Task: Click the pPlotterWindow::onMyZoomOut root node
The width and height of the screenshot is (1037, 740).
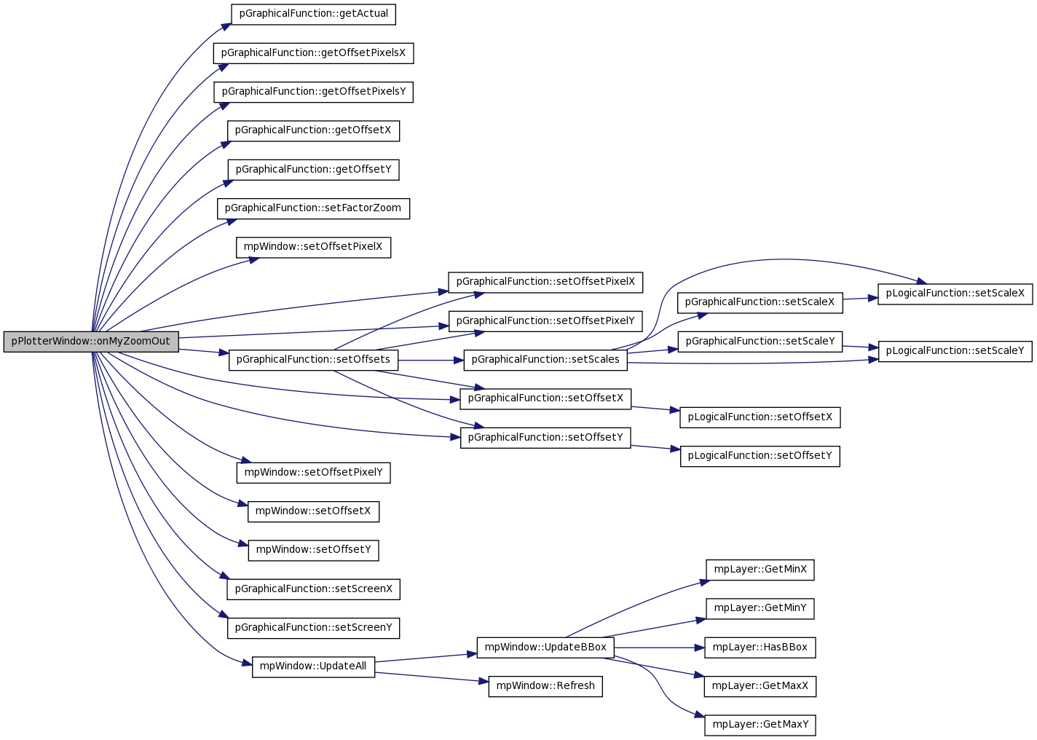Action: [91, 342]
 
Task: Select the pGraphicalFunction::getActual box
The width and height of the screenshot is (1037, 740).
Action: [313, 15]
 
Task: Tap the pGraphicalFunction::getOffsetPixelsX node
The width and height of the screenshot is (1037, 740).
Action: [313, 53]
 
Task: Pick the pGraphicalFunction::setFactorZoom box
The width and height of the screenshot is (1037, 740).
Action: [313, 209]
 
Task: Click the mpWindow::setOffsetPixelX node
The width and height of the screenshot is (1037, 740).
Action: [313, 248]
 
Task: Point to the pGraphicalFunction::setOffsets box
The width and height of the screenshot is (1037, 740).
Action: [313, 361]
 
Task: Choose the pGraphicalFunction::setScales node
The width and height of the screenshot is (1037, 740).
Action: [545, 361]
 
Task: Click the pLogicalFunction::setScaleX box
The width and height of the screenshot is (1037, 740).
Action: [955, 294]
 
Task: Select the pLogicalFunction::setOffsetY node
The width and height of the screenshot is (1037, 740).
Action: [760, 457]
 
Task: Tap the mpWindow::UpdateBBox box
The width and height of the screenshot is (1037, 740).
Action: [545, 647]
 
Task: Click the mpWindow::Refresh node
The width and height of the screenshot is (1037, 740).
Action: [545, 686]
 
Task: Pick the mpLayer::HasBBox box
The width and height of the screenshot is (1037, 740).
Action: [760, 647]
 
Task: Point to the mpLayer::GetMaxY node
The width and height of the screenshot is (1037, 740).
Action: [760, 725]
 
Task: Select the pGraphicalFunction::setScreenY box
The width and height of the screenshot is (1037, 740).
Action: [313, 629]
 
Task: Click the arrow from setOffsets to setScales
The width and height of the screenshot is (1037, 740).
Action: [431, 361]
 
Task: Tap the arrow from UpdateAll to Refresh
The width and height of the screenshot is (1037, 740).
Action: [432, 677]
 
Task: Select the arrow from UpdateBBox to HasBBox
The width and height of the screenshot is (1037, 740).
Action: [659, 647]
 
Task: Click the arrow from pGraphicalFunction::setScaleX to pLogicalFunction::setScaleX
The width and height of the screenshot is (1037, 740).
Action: [860, 299]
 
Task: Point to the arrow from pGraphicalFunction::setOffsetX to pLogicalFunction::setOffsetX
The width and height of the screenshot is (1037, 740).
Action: [655, 409]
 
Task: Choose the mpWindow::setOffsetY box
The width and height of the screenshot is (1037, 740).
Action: [313, 551]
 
